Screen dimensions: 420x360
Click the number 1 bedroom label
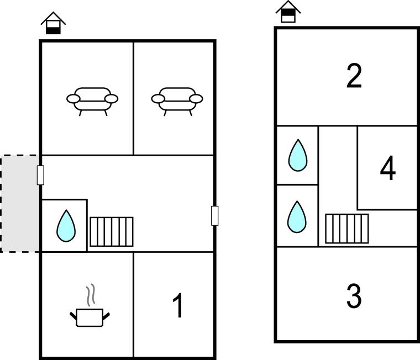pos(178,305)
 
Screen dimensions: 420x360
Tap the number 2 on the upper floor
pos(354,76)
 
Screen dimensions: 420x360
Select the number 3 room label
pos(354,296)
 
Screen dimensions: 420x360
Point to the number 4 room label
pos(388,168)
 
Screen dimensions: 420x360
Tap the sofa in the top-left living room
pos(92,102)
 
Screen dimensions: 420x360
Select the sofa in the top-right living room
pos(177,102)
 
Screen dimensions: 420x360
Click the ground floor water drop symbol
pos(66,226)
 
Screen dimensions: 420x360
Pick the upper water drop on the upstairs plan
pos(297,155)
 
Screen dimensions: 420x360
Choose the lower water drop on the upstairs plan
pos(297,217)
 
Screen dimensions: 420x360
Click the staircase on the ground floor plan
pos(112,232)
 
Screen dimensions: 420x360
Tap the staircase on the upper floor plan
pos(347,229)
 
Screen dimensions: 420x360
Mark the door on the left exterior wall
pos(40,175)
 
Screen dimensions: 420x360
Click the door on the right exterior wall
pos(214,215)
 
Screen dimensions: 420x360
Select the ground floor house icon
pos(53,23)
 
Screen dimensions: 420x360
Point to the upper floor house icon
pos(288,12)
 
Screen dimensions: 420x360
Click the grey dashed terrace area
pos(19,203)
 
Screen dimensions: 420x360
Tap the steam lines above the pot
pos(91,295)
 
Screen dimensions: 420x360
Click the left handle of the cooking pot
pos(73,316)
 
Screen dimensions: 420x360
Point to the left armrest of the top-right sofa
pos(158,99)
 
